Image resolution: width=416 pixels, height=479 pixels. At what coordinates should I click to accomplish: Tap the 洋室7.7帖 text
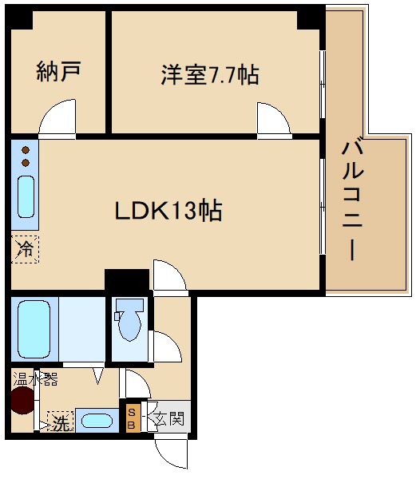click(x=209, y=76)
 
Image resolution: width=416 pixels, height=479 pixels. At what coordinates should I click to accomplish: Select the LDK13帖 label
click(x=168, y=212)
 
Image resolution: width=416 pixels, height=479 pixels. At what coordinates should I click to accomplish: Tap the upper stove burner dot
click(x=26, y=150)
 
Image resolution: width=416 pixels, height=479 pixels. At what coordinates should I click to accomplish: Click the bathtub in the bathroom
click(x=34, y=329)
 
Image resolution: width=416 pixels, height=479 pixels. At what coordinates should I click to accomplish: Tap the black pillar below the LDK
click(x=127, y=282)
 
